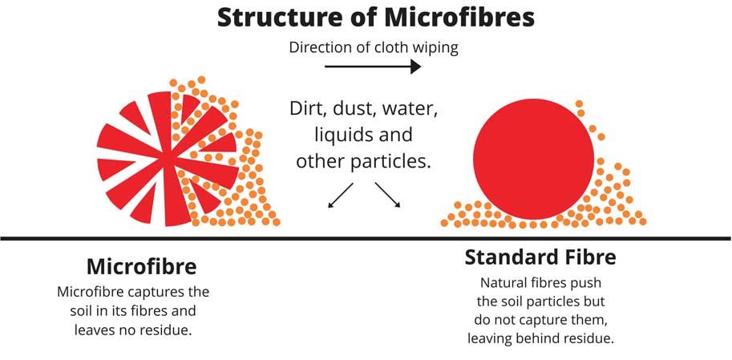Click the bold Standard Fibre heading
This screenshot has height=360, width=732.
click(x=540, y=257)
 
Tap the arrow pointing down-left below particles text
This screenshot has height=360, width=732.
click(x=341, y=196)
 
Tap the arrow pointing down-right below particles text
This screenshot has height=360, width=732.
click(x=387, y=196)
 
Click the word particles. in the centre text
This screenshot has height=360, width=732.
click(x=390, y=160)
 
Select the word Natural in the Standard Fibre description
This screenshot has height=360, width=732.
click(x=503, y=283)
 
